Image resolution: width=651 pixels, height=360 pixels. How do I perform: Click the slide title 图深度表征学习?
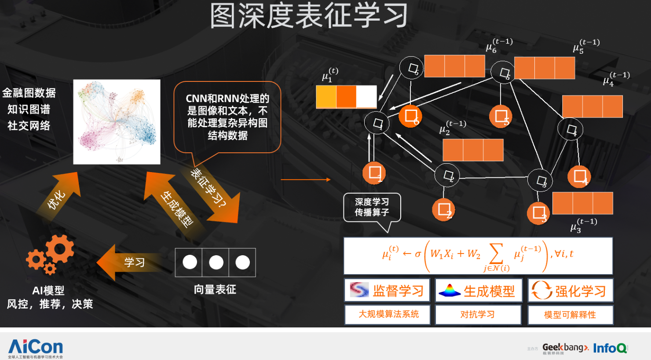(x=309, y=16)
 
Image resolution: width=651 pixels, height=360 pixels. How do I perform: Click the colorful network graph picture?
(x=117, y=122)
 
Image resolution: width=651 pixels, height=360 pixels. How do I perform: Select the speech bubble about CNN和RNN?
(x=227, y=117)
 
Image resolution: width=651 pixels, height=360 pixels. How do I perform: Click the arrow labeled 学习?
(x=130, y=263)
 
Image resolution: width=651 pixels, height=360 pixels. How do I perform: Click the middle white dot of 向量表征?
(x=216, y=262)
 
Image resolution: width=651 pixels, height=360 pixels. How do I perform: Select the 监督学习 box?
(x=387, y=290)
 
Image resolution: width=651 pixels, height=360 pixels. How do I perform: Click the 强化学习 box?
(x=570, y=290)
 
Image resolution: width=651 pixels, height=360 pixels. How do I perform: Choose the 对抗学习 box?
(x=478, y=315)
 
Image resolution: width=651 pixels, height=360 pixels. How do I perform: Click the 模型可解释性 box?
(x=570, y=315)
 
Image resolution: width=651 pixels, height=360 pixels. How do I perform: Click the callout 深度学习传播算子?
(x=372, y=207)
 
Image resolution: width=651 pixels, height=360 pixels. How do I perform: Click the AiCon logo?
(x=36, y=348)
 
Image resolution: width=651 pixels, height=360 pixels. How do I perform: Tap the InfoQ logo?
(x=610, y=348)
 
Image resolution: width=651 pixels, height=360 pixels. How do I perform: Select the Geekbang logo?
(x=565, y=348)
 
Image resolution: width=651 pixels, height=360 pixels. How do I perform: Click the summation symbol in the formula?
(x=496, y=254)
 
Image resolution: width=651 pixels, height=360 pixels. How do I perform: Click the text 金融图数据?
(x=29, y=93)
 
